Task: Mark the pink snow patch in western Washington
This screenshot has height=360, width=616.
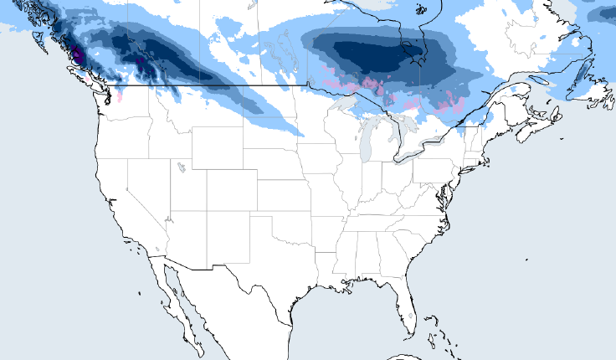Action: pos(120,96)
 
